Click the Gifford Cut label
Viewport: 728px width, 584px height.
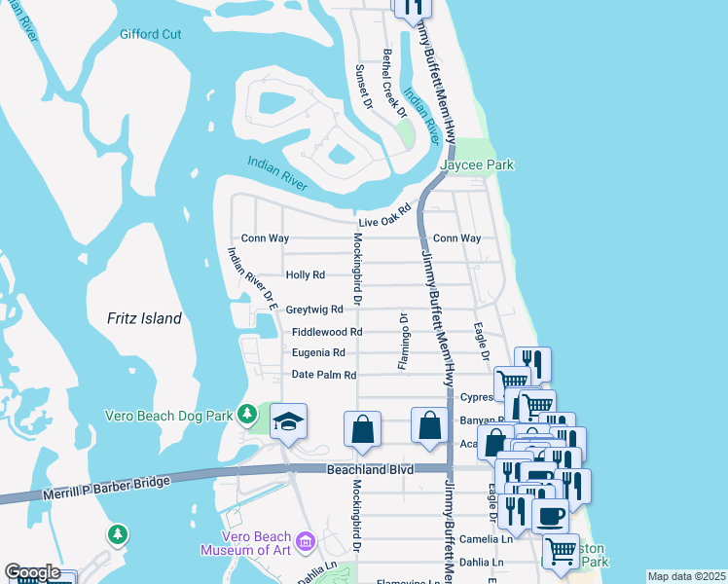(151, 34)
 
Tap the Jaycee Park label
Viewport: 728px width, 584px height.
(477, 165)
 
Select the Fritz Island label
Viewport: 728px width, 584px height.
(144, 318)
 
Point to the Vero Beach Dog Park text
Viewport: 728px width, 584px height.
(169, 416)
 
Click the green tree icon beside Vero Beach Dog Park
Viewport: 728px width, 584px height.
(248, 415)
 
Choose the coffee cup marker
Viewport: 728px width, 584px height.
(550, 516)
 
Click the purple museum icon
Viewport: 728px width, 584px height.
(305, 540)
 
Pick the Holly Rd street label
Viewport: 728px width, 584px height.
(305, 275)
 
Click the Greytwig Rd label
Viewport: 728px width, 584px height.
(314, 310)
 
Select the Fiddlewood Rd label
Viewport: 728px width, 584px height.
(327, 332)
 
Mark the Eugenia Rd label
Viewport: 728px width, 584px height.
(318, 352)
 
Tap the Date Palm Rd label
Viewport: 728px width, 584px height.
(324, 375)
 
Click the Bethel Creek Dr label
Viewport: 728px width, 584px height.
(394, 83)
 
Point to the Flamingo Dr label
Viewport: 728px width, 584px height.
(401, 341)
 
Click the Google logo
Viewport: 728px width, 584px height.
(32, 572)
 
